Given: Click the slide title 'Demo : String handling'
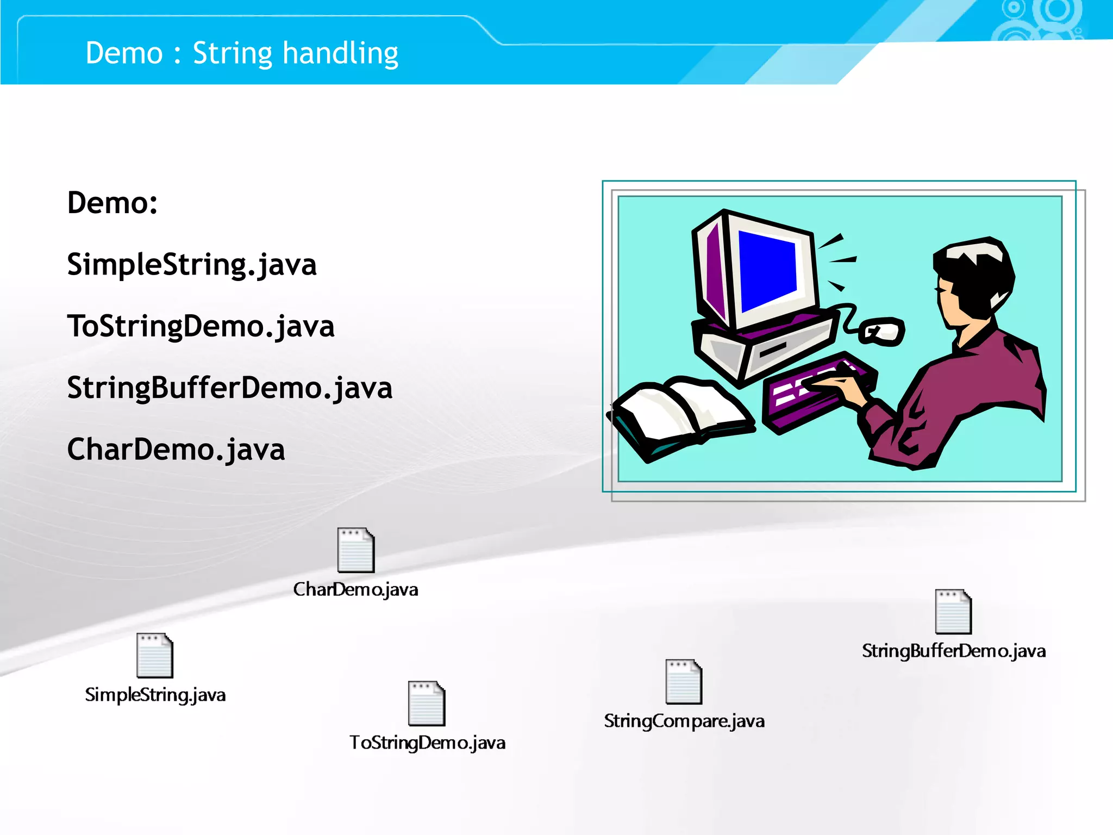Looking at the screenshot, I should point(242,53).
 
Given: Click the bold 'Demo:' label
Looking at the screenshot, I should point(112,203).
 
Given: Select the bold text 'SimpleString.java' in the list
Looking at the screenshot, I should point(191,265).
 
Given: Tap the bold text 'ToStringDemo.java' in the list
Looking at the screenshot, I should point(201,327).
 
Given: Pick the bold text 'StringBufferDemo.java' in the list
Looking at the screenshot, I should point(229,388).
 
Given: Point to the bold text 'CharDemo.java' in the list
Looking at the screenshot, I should point(176,450).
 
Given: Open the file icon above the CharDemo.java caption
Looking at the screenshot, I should point(356,550).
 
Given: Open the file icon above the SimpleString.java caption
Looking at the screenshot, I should point(155,656).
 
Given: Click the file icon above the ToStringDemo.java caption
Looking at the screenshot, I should point(427,703).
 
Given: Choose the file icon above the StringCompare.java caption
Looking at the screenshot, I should point(684,682).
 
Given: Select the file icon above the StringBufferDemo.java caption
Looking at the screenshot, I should point(953,612).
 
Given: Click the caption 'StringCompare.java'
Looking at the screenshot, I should point(684,721).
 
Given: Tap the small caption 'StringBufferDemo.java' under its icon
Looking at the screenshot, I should point(954,651).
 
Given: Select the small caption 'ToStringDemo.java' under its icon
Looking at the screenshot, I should point(427,743).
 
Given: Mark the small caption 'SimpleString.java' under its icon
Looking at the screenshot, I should point(155,695).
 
